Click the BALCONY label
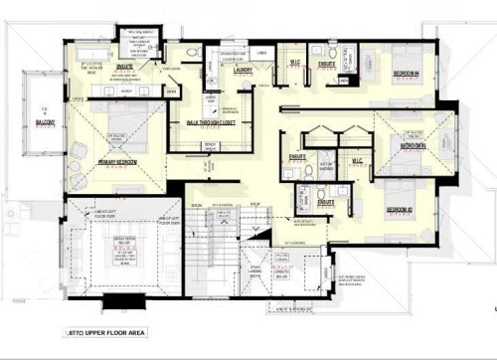click(x=45, y=122)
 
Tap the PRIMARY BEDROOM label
click(x=119, y=161)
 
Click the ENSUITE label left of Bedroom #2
click(x=325, y=201)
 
